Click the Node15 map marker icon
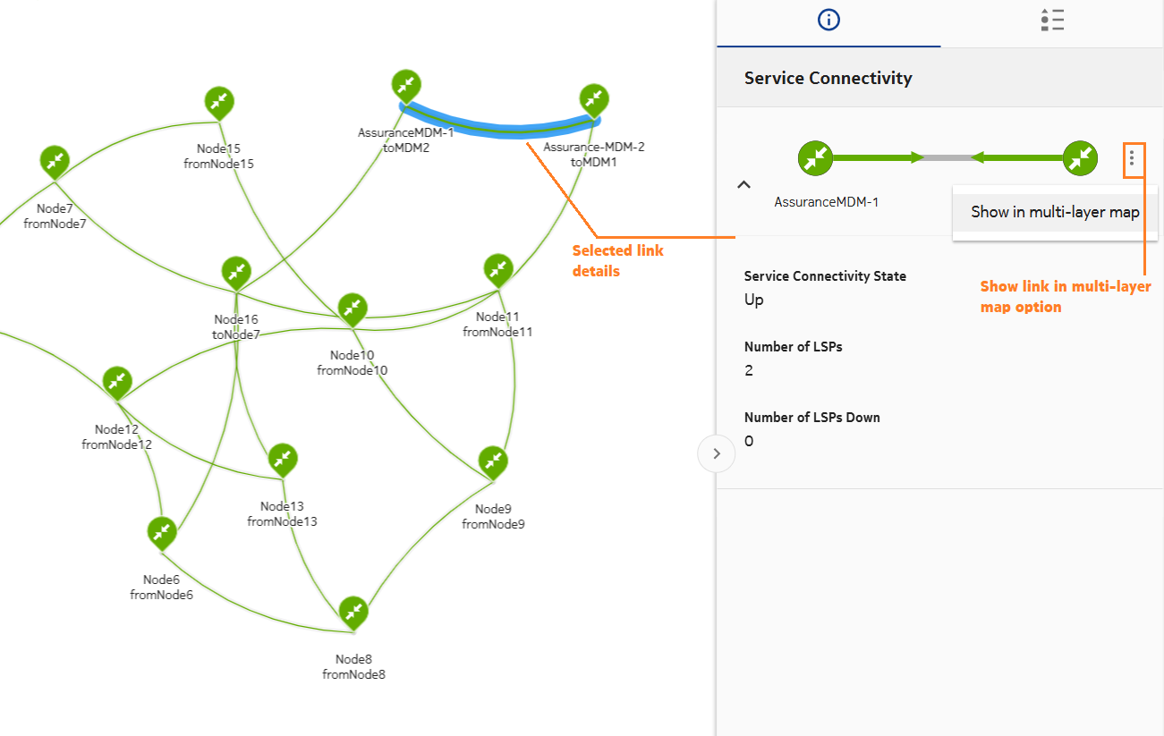(220, 103)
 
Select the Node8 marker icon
(353, 612)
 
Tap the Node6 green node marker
(162, 532)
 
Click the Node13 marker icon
(283, 459)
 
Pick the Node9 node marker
(493, 461)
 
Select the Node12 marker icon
(117, 381)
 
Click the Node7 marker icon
(55, 161)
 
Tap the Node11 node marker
(498, 269)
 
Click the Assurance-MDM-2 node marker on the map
(594, 99)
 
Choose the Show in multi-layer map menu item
(1055, 212)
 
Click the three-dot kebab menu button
(1132, 158)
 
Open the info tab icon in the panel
(829, 21)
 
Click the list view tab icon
(1052, 21)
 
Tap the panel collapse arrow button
(716, 453)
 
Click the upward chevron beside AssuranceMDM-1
(743, 184)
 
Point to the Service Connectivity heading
(828, 78)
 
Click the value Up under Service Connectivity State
(754, 300)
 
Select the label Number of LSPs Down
(811, 417)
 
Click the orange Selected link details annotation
(617, 260)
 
